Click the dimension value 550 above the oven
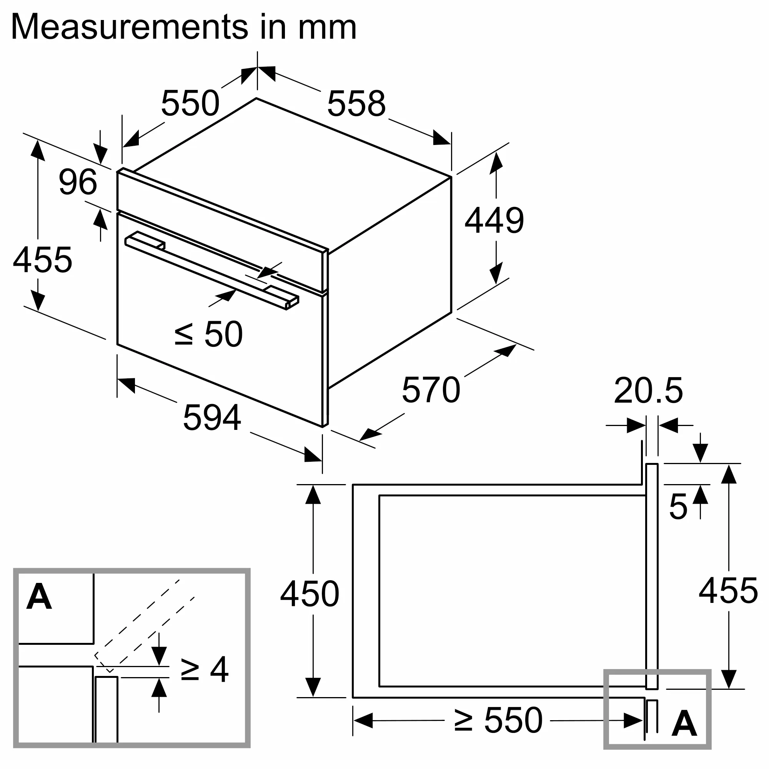pos(190,103)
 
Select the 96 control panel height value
pos(78,182)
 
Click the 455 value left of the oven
pos(43,260)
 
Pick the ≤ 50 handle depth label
pos(208,334)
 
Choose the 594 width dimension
pos(212,418)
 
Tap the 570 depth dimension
pos(431,390)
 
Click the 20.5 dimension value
pos(648,391)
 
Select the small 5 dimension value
pos(678,507)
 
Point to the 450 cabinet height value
pos(309,594)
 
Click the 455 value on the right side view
pos(728,591)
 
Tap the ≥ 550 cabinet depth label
pos(498,720)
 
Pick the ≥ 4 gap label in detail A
pos(205,670)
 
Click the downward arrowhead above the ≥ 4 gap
pos(159,655)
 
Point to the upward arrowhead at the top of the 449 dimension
pos(496,163)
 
